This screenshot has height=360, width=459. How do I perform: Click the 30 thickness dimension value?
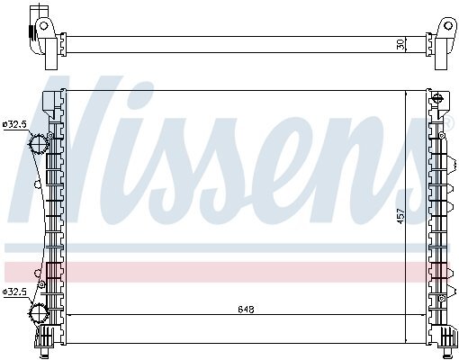click(400, 45)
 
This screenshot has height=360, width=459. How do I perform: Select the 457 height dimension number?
click(400, 216)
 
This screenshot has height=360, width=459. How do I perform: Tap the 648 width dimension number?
click(246, 310)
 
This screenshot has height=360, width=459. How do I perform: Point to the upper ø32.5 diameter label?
click(14, 124)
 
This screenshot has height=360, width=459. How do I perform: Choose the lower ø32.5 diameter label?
click(14, 292)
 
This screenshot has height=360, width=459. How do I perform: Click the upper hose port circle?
click(39, 144)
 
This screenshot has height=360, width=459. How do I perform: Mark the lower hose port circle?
click(39, 313)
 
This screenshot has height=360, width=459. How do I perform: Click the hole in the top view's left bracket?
click(44, 25)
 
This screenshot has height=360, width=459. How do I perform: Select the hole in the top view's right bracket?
click(448, 25)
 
